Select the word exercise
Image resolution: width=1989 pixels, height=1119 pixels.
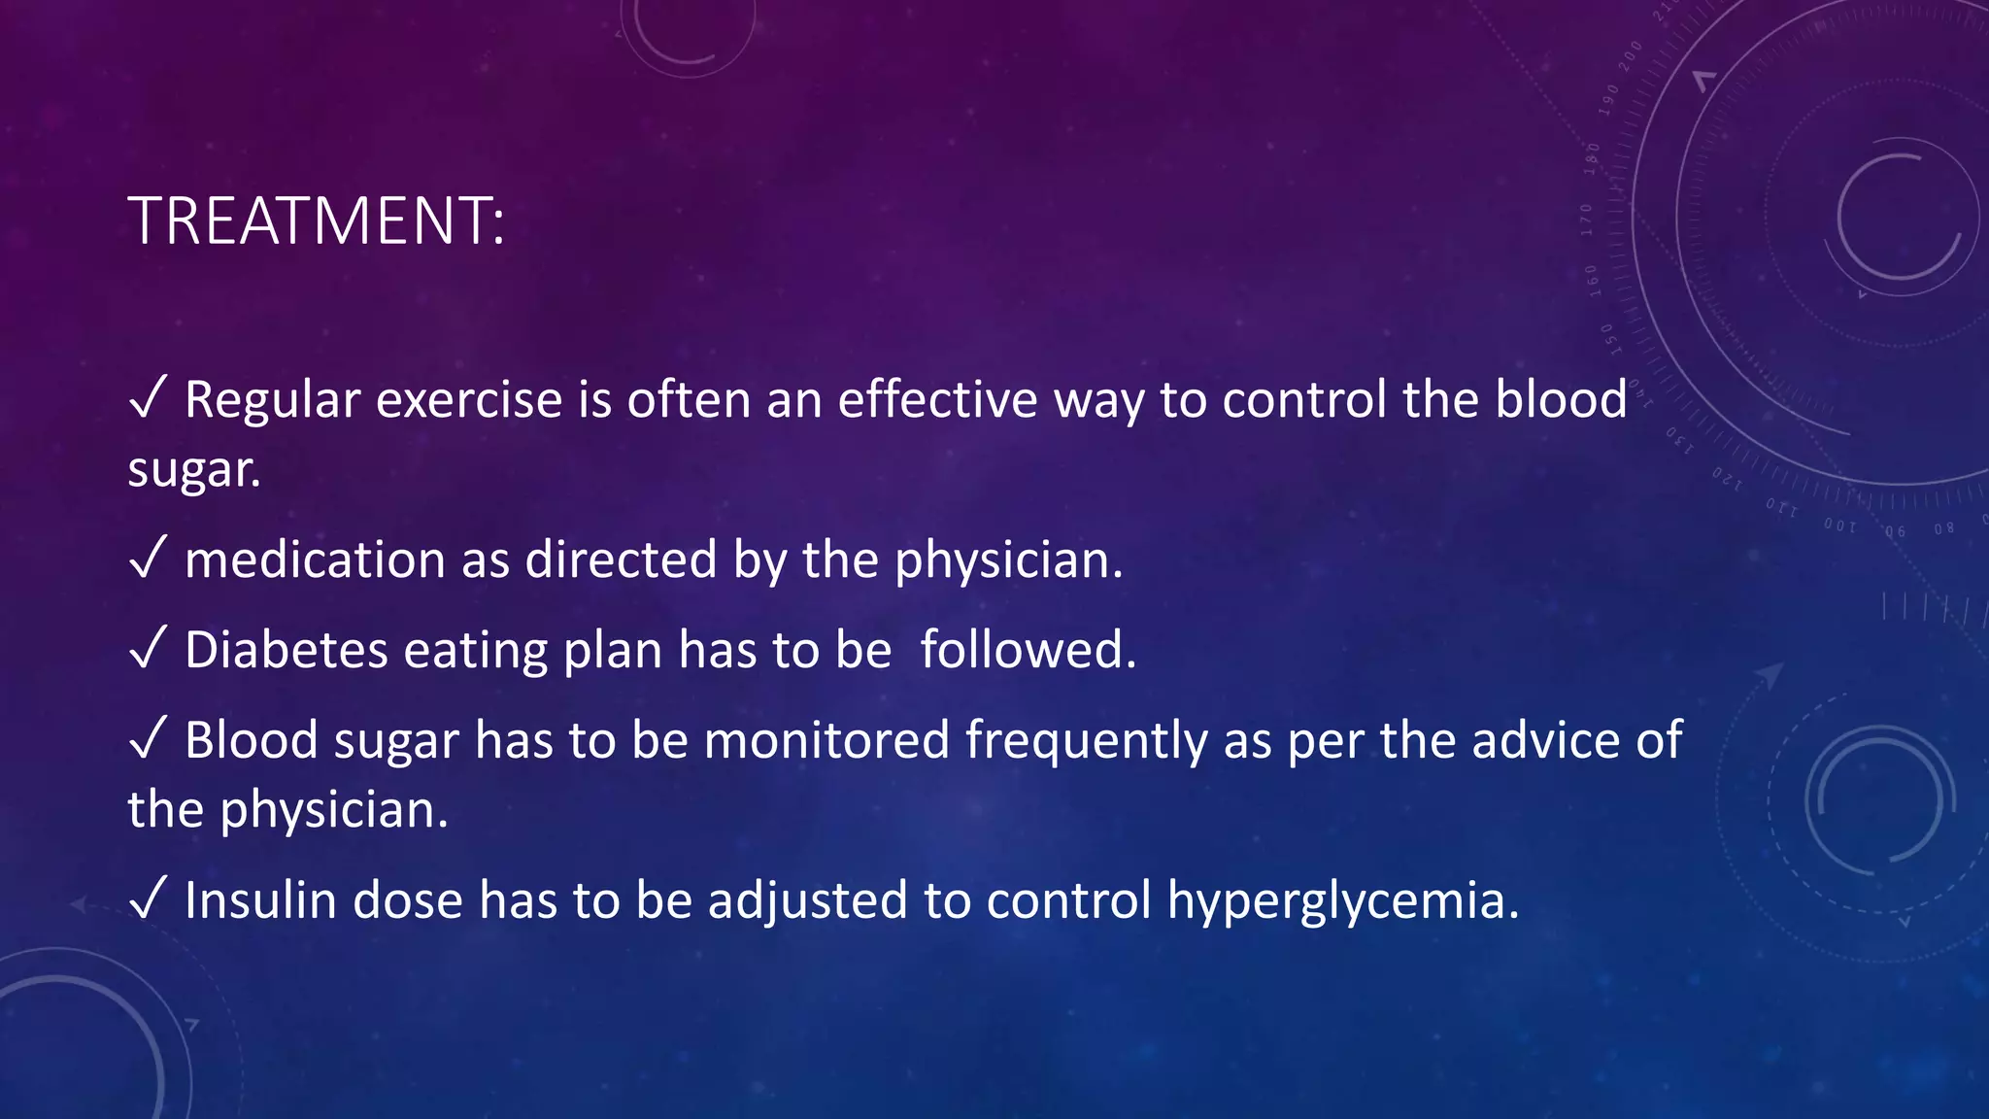(469, 400)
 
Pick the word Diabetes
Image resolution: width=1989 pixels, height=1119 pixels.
(287, 650)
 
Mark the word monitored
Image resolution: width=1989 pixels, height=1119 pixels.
(826, 740)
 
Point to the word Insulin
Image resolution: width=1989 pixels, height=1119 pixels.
(260, 900)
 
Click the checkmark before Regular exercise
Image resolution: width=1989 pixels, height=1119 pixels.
(148, 398)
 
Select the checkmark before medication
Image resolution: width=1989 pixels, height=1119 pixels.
(148, 559)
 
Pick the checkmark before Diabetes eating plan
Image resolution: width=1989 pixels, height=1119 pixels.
(148, 648)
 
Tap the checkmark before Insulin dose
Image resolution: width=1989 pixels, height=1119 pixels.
(148, 899)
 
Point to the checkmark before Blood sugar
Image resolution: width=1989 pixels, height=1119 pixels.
(148, 738)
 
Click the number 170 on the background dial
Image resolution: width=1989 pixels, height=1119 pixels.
(1587, 220)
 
